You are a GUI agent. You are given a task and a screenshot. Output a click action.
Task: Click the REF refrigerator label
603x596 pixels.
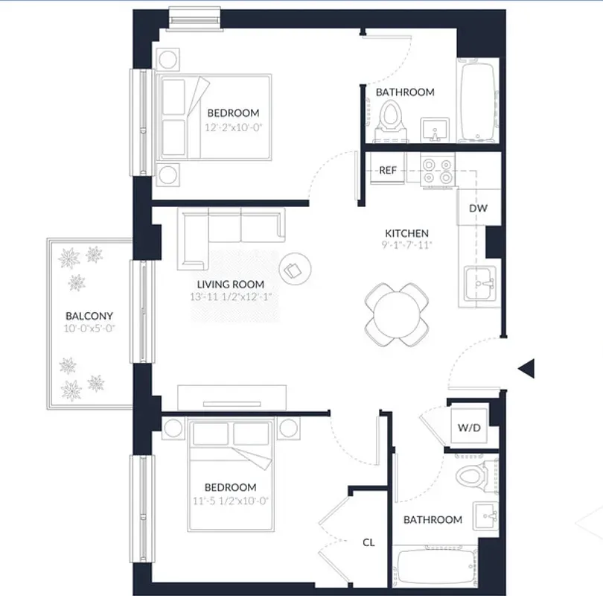pos(387,170)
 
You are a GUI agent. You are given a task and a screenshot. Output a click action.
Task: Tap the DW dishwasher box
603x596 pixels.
pos(478,208)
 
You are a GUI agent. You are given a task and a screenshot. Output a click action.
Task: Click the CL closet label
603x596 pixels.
pos(368,542)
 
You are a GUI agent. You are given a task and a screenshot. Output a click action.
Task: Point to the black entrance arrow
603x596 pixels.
pos(526,367)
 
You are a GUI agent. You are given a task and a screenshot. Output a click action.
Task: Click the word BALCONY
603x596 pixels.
pos(89,316)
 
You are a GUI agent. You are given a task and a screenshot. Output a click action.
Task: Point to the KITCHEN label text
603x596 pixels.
pos(406,233)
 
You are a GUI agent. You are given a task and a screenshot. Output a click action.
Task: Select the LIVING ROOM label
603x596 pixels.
pos(230,285)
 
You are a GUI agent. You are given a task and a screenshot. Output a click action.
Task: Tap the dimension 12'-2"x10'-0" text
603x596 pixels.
pos(233,127)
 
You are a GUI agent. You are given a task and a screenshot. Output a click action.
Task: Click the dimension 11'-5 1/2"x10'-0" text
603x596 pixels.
pos(232,501)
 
